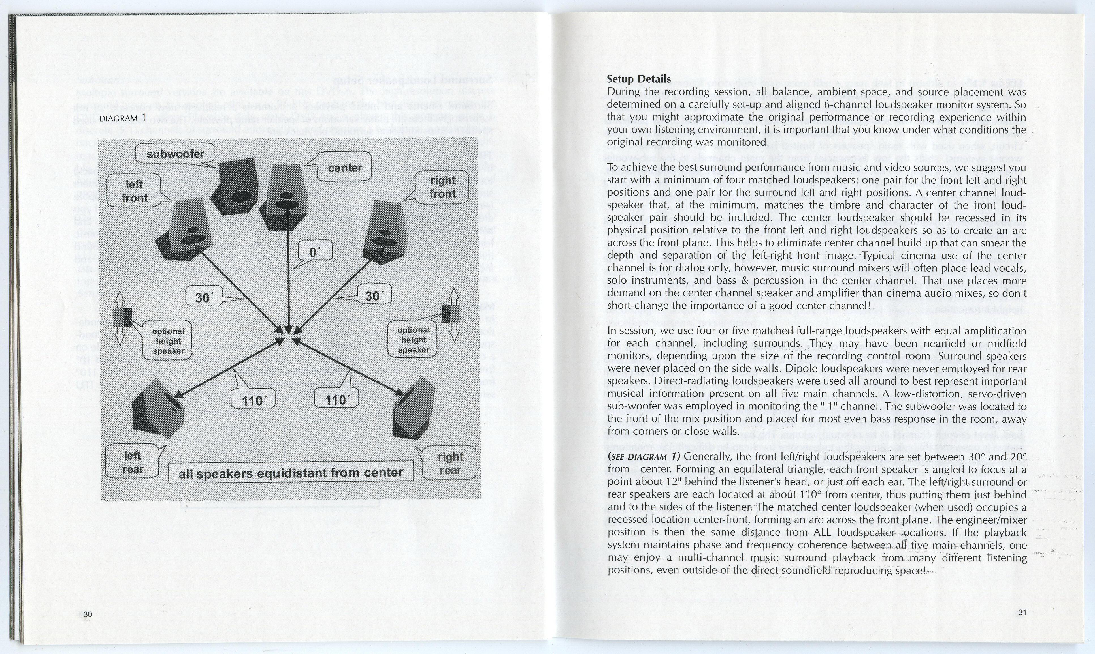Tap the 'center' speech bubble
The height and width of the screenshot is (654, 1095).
coord(345,168)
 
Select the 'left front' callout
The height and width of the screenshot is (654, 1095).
coord(135,191)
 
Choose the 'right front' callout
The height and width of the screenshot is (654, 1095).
coord(442,187)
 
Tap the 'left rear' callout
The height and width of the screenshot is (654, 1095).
coord(132,462)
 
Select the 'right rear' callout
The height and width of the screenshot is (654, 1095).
coord(450,464)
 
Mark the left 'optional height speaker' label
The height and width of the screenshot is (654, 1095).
coord(168,341)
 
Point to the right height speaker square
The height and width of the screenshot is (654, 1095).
coord(450,314)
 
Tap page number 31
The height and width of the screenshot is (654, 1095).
coord(1022,612)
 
